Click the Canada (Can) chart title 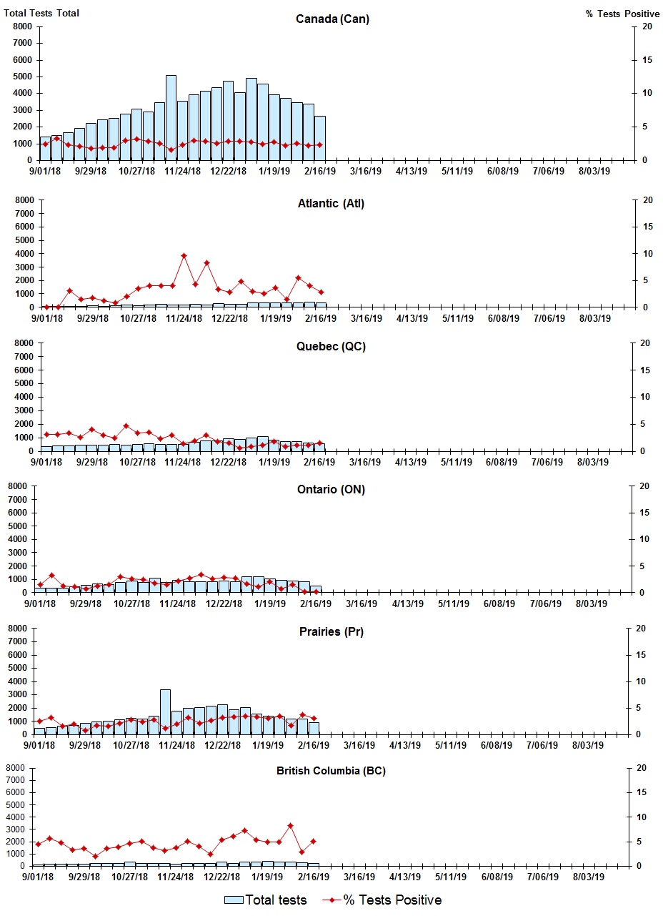pyautogui.click(x=332, y=19)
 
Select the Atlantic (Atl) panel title pyautogui.click(x=331, y=204)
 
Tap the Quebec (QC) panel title pyautogui.click(x=331, y=347)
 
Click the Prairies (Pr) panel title pyautogui.click(x=331, y=632)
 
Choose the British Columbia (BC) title pyautogui.click(x=331, y=771)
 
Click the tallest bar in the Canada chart pyautogui.click(x=171, y=118)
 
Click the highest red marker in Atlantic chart pyautogui.click(x=184, y=255)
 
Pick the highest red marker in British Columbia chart pyautogui.click(x=290, y=825)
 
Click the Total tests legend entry pyautogui.click(x=266, y=900)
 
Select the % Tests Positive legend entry pyautogui.click(x=382, y=900)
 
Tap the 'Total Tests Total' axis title pyautogui.click(x=41, y=14)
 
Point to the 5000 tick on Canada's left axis pyautogui.click(x=22, y=77)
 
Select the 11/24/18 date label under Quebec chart pyautogui.click(x=182, y=462)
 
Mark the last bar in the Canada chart pyautogui.click(x=319, y=139)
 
